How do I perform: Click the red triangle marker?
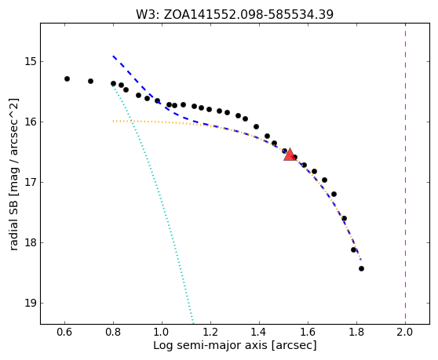[290, 155]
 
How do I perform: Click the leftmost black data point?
[67, 78]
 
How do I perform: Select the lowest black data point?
[361, 268]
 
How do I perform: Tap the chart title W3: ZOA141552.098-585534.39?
[235, 15]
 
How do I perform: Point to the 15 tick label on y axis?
[31, 61]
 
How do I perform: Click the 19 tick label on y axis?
[31, 303]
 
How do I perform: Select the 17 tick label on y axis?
[31, 182]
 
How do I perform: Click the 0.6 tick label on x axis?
[64, 332]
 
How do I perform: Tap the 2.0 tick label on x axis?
[405, 332]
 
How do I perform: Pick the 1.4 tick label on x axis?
[259, 332]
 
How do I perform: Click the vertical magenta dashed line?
[405, 173]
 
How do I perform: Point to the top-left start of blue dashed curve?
[113, 56]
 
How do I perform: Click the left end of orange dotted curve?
[113, 121]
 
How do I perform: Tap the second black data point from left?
[90, 82]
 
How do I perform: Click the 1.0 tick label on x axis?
[162, 332]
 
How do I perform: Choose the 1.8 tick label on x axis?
[356, 332]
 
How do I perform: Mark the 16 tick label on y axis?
[31, 122]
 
